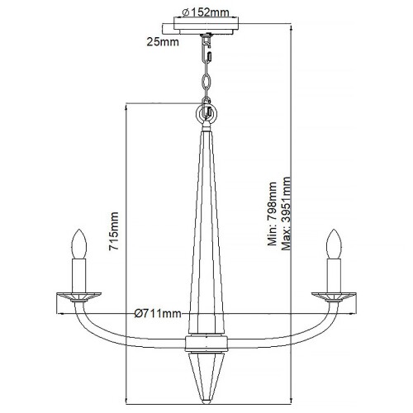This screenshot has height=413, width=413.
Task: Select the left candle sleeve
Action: [x=81, y=272]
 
